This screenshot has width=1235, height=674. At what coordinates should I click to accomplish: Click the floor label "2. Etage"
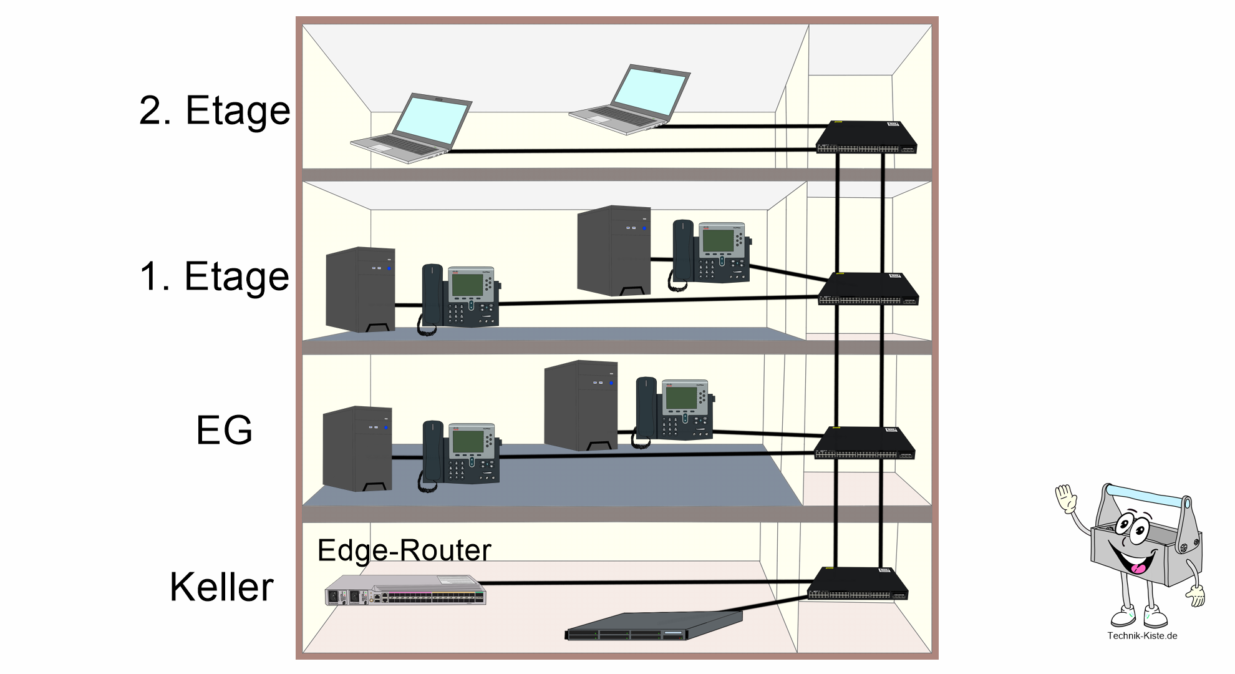pos(215,111)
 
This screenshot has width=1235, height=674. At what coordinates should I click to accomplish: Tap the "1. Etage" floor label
pos(215,276)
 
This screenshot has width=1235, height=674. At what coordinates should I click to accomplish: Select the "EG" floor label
pos(224,430)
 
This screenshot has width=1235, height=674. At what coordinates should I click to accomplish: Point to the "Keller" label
pos(221,587)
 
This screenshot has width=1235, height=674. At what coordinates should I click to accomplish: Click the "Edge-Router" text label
pos(404,550)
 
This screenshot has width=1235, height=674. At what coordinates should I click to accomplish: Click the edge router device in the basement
pos(405,590)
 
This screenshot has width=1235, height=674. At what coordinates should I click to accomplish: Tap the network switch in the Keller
pos(858,584)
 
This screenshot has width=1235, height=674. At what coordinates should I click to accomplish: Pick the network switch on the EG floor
pos(864,443)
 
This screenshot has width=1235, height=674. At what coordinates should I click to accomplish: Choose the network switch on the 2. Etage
pos(867,137)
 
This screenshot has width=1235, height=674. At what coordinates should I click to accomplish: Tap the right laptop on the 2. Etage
pos(630,100)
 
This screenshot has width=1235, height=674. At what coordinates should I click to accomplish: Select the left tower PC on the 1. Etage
pos(361,290)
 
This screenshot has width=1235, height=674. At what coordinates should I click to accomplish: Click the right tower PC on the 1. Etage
pos(614,250)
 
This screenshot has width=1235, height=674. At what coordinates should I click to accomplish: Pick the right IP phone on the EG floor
pos(674,410)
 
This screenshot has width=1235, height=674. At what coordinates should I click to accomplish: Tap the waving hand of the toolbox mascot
pos(1066,499)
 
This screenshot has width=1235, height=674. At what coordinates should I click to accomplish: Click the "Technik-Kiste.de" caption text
pos(1142,636)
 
